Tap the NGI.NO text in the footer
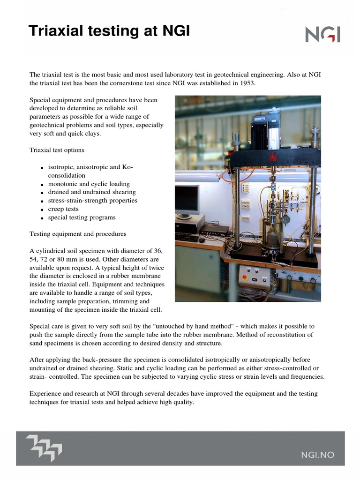click(317, 454)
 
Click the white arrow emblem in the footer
click(44, 447)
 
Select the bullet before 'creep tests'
click(42, 210)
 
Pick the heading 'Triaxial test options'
click(57, 150)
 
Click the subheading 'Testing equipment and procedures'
click(78, 233)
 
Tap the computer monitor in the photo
click(187, 200)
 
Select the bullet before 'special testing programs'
click(42, 218)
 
